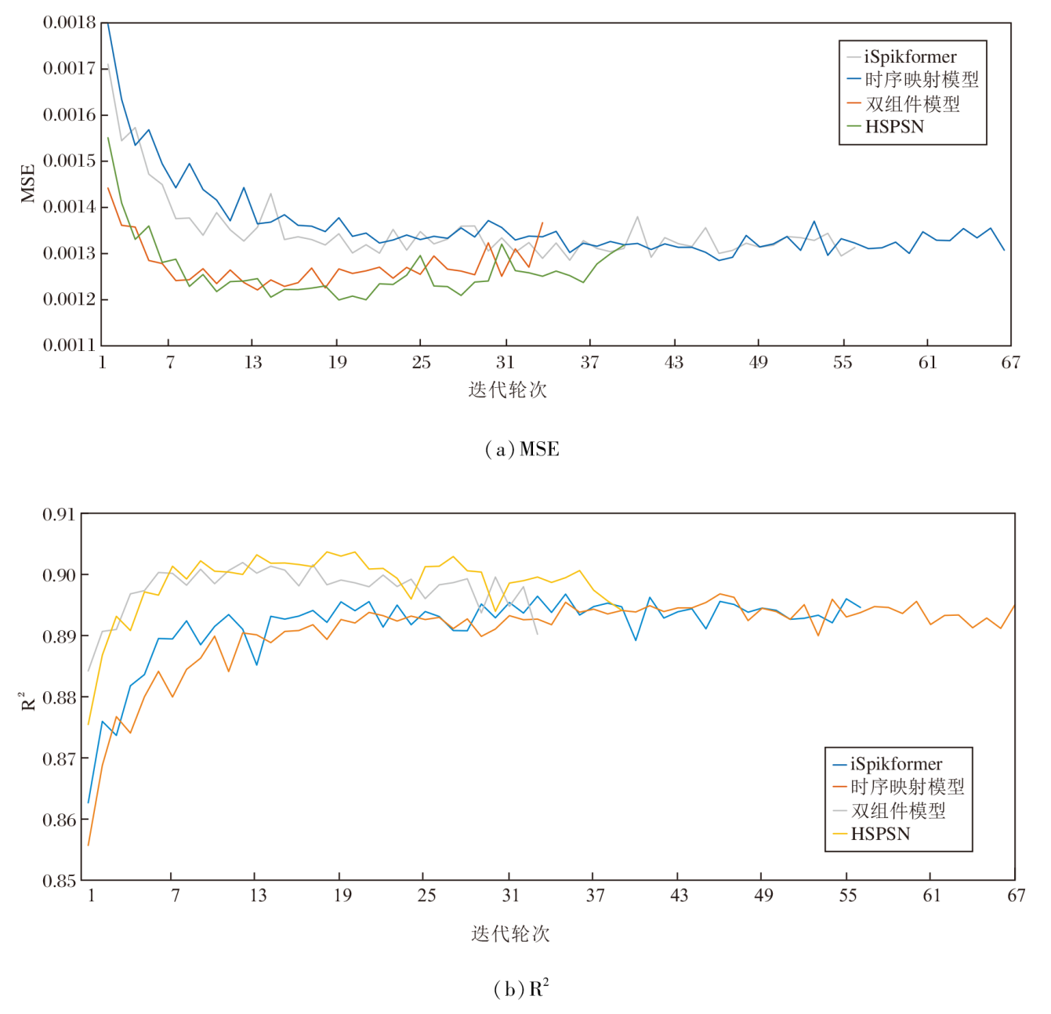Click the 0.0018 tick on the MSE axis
[69, 23]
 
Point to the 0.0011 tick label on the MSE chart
[69, 345]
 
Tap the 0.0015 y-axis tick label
[69, 161]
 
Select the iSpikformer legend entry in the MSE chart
[910, 56]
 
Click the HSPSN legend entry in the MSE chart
[894, 126]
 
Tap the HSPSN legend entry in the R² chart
[880, 834]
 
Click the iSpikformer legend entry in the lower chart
[896, 764]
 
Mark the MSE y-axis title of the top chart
[28, 183]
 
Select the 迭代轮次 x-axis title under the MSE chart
[508, 389]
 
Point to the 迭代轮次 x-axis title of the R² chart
[510, 933]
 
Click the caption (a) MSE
[522, 449]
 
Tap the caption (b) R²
[521, 988]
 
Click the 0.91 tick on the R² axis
[59, 515]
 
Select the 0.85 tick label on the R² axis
[59, 881]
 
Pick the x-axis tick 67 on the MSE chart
[1010, 362]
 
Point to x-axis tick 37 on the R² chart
[595, 895]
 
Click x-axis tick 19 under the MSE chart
[337, 362]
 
